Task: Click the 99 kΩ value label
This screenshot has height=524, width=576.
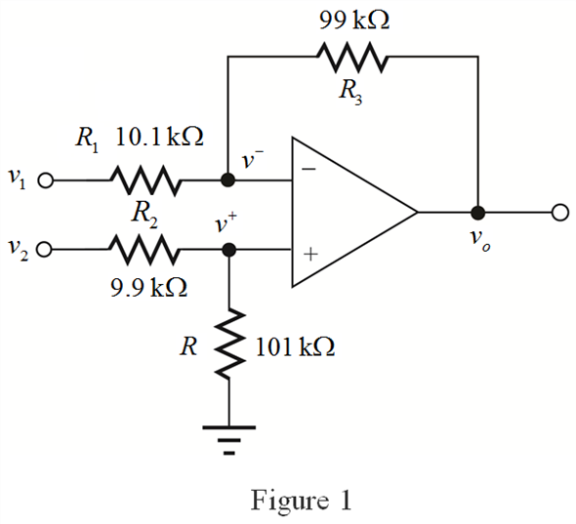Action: (x=354, y=20)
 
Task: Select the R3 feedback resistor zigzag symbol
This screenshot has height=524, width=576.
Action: (x=351, y=58)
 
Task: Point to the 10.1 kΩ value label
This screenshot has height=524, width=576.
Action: (x=159, y=137)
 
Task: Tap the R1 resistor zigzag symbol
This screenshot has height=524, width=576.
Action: (x=145, y=181)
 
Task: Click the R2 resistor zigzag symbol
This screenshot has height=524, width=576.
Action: (x=144, y=250)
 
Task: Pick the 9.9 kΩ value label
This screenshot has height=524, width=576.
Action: (x=148, y=287)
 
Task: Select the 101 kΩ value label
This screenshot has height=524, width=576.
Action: (x=295, y=347)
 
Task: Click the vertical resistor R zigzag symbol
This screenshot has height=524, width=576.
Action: (x=229, y=343)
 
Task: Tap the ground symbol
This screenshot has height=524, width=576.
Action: (x=228, y=440)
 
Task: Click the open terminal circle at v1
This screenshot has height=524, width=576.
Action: (x=46, y=181)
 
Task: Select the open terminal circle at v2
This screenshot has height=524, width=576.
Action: (x=44, y=250)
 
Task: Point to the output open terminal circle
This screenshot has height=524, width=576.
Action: (x=560, y=213)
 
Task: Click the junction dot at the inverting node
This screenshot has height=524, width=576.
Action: (x=227, y=181)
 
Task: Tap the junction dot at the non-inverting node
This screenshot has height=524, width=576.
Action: (x=229, y=250)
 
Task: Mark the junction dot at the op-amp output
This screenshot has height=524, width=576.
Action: (x=478, y=213)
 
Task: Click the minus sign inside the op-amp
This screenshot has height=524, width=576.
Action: (x=309, y=169)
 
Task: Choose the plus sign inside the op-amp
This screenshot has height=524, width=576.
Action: (x=310, y=254)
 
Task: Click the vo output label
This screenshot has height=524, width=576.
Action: (x=480, y=240)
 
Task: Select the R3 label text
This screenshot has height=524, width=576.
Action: (x=350, y=92)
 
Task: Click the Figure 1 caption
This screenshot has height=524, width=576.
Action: (x=301, y=501)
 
